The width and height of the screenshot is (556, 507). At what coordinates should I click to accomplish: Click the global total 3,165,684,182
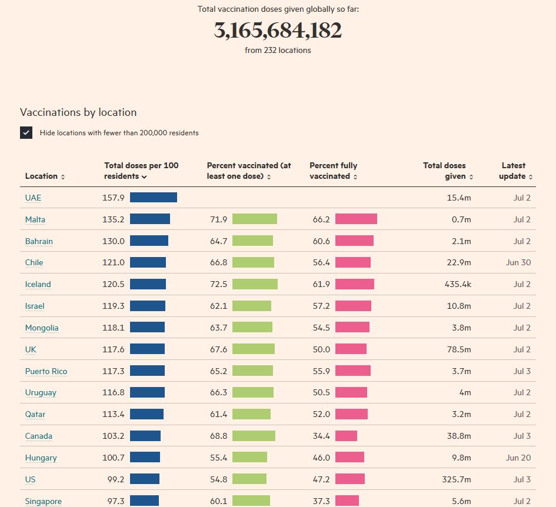[278, 31]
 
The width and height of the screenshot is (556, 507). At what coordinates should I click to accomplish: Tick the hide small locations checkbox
[26, 132]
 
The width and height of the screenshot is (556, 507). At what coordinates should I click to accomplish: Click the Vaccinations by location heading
[78, 112]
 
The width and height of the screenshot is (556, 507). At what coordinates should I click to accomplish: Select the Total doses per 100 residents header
[141, 171]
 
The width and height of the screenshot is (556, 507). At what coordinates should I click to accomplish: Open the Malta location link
[35, 219]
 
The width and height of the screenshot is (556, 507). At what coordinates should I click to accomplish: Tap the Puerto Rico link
[46, 371]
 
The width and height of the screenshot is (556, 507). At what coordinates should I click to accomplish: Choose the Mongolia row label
[42, 328]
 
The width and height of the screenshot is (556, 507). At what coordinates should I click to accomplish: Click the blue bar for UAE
[153, 198]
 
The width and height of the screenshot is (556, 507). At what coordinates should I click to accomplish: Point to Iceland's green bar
[255, 284]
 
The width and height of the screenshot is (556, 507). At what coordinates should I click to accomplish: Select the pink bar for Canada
[346, 436]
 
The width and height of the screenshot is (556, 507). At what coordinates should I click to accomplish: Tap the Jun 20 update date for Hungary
[518, 458]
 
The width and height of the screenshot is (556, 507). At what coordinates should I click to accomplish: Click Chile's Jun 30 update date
[518, 262]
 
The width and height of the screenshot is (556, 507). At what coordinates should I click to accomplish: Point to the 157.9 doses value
[114, 198]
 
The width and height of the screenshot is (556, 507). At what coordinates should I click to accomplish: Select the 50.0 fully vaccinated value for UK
[321, 349]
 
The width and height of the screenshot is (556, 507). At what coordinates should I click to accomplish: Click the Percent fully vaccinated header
[334, 171]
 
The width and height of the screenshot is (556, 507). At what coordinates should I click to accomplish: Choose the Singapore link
[44, 501]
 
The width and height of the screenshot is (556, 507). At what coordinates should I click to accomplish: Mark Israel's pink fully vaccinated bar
[353, 306]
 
